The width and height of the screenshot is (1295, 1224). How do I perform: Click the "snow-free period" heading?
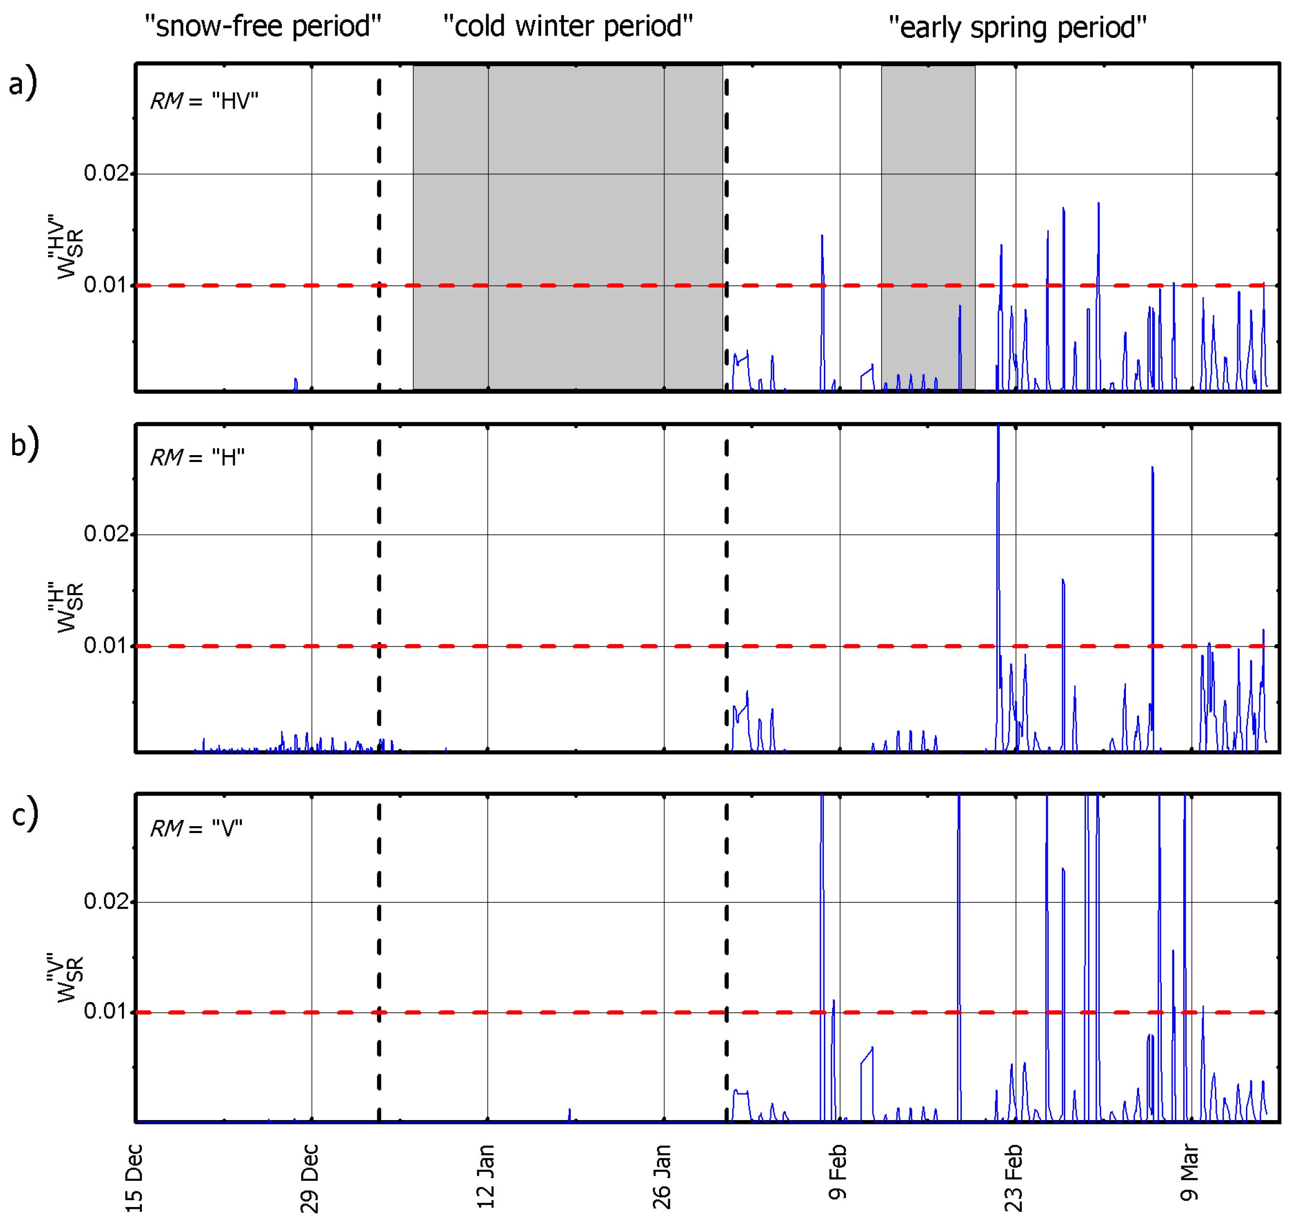[262, 27]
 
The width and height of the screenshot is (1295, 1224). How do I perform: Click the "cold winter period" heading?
[567, 27]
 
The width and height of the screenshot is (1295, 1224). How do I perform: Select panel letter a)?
[23, 84]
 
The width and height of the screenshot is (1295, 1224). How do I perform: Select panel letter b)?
[24, 443]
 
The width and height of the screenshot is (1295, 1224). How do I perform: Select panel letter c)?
[24, 814]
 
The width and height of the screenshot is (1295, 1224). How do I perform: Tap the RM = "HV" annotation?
[204, 101]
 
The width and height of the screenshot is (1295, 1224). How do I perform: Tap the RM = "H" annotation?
[198, 458]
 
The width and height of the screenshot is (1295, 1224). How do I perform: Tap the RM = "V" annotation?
[196, 829]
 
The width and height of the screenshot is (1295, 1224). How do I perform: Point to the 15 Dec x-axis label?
[134, 1178]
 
